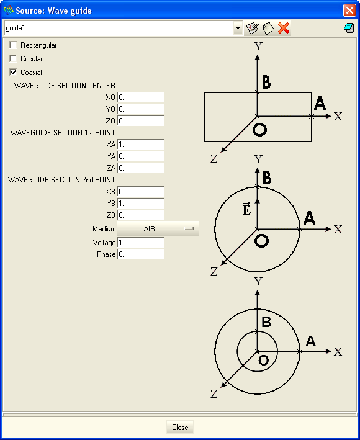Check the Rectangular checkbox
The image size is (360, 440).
click(13, 45)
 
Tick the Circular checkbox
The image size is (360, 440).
click(13, 58)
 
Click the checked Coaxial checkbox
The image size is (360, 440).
click(13, 72)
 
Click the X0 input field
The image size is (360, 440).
click(140, 97)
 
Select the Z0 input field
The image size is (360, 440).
click(140, 121)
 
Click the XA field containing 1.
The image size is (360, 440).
click(140, 145)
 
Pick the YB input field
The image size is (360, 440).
click(140, 204)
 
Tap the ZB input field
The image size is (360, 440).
click(140, 215)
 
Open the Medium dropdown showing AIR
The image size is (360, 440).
click(158, 229)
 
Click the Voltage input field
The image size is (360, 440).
click(140, 243)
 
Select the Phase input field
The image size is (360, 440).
click(140, 254)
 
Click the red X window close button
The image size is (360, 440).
click(349, 11)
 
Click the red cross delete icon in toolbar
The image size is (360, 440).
click(284, 28)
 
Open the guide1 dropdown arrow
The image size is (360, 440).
click(238, 28)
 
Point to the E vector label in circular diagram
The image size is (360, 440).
click(246, 209)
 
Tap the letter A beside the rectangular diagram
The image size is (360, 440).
click(320, 103)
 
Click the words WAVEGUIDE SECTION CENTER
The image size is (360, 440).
click(65, 85)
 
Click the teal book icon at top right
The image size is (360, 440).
click(349, 28)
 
